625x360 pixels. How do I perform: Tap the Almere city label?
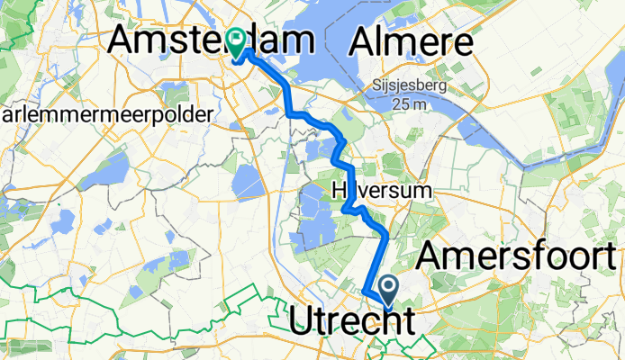click(413, 40)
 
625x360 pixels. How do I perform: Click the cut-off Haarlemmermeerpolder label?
click(106, 114)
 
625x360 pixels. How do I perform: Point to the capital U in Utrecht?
click(302, 322)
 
